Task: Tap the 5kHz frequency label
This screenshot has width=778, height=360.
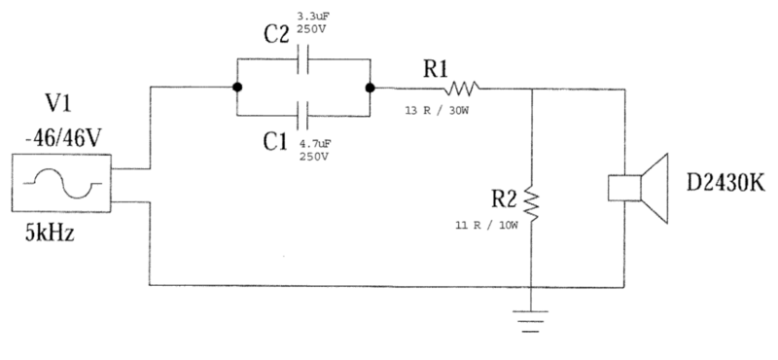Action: click(52, 235)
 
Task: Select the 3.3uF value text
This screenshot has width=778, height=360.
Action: click(313, 16)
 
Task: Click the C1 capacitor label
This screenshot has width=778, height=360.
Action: click(277, 141)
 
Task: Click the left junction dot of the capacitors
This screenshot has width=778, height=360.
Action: click(237, 88)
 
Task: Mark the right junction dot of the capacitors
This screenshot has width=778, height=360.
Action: click(371, 88)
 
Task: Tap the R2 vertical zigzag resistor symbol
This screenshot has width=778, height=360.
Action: click(531, 202)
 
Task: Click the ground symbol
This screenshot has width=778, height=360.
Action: click(532, 318)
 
